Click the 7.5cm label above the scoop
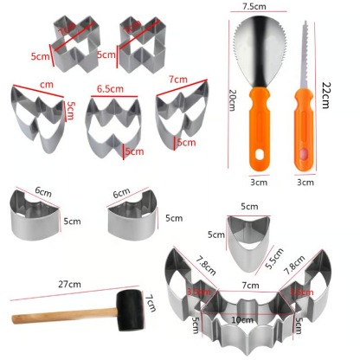click(254, 8)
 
